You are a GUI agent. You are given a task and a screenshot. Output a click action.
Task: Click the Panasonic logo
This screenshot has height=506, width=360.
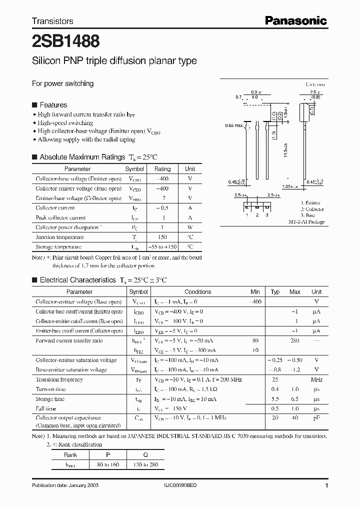coord(295,20)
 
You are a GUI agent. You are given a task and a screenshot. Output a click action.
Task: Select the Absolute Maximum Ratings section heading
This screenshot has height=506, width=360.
coord(82,157)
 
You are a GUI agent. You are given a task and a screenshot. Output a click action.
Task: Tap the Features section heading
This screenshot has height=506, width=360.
coord(53,105)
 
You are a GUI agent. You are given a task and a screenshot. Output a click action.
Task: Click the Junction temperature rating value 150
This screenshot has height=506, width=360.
coord(162,237)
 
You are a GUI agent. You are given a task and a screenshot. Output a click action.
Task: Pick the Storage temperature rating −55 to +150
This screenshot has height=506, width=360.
coord(162,247)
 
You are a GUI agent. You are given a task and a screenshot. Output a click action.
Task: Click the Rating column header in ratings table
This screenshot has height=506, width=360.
coord(162,169)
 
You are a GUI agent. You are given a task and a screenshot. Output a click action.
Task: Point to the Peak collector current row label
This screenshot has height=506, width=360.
coord(60,218)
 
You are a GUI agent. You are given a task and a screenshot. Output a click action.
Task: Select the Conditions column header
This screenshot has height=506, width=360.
coord(197,292)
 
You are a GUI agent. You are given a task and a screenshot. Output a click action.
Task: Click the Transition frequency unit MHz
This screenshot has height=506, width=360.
coord(316,379)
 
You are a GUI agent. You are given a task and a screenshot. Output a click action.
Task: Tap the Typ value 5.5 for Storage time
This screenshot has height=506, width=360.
coord(275,399)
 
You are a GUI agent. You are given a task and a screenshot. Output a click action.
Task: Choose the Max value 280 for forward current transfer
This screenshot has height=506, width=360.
coord(295,340)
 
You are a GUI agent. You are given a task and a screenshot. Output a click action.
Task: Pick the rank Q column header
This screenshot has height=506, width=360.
coord(144,455)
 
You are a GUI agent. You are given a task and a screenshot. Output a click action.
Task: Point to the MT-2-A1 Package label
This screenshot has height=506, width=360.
coord(306,221)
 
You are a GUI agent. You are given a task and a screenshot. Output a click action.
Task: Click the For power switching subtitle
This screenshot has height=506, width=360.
coord(63,83)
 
